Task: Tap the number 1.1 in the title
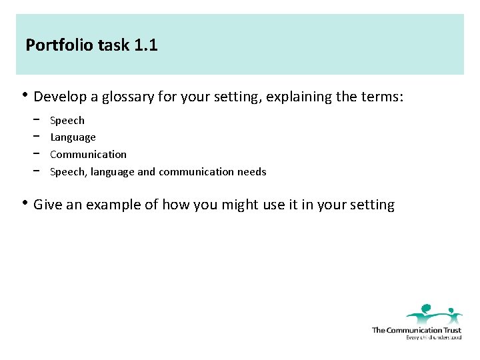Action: click(146, 46)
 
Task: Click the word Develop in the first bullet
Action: click(60, 97)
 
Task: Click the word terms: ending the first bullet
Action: click(382, 97)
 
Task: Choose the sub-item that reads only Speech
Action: click(67, 121)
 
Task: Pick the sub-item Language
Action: click(73, 137)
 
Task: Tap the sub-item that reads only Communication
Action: click(88, 155)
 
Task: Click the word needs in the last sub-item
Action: click(252, 172)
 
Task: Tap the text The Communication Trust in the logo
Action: click(416, 330)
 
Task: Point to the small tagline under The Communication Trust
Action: click(433, 337)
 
